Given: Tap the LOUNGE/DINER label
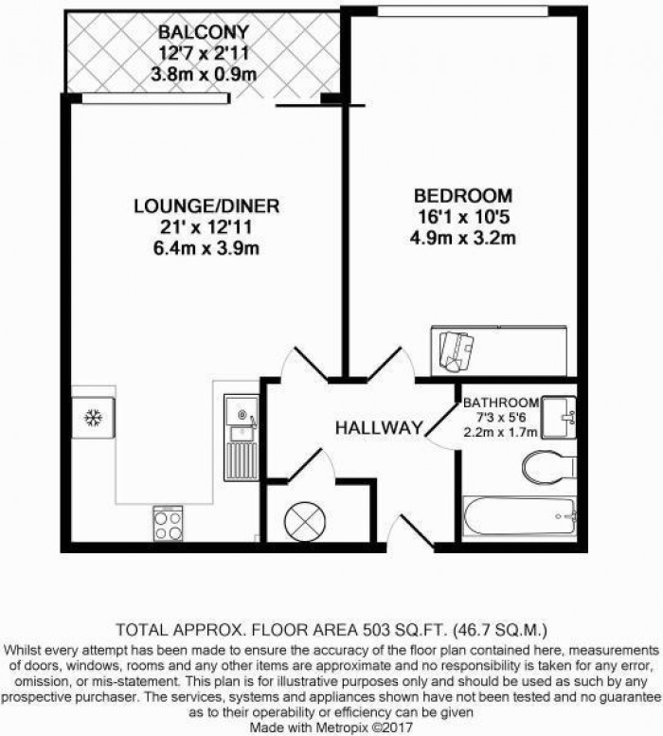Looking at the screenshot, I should pyautogui.click(x=206, y=206).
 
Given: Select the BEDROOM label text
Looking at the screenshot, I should pyautogui.click(x=463, y=196).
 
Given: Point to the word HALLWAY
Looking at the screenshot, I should pyautogui.click(x=378, y=428).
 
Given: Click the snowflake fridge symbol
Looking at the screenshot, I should pyautogui.click(x=94, y=417).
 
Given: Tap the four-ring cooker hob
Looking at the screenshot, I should pyautogui.click(x=168, y=524).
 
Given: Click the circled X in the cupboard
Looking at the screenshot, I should pyautogui.click(x=304, y=518).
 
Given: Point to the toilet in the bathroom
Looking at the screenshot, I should pyautogui.click(x=547, y=466).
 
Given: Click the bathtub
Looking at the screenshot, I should pyautogui.click(x=519, y=516).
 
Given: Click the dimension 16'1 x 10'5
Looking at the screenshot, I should pyautogui.click(x=463, y=218).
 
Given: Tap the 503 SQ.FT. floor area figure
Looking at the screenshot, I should pyautogui.click(x=403, y=628).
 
